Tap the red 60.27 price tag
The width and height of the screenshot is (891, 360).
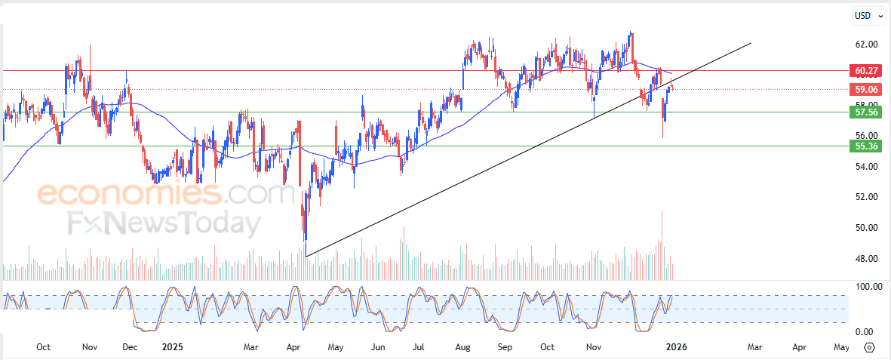tap(865, 71)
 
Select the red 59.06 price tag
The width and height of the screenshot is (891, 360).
tap(865, 89)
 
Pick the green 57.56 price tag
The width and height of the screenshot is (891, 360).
tap(865, 112)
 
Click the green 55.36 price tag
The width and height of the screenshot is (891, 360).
tap(865, 146)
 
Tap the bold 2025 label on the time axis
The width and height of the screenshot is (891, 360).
tap(173, 347)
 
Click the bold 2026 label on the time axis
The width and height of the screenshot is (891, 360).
tap(674, 347)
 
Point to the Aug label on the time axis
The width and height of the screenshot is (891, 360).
tap(463, 347)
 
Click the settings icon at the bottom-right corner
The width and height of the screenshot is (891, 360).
tap(869, 347)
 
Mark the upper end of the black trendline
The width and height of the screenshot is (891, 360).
tap(751, 43)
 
